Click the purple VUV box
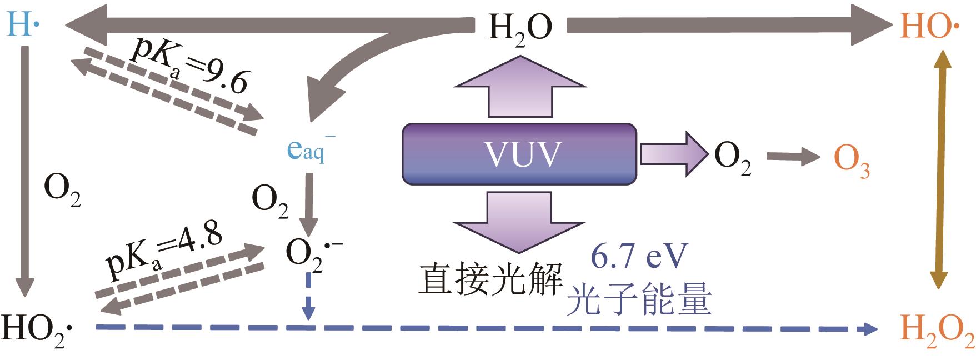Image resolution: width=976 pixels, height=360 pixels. (519, 154)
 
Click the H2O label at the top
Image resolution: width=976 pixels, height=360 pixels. (520, 28)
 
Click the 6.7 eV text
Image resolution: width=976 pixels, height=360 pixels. (638, 256)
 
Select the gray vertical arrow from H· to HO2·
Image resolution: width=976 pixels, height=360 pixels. (25, 172)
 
